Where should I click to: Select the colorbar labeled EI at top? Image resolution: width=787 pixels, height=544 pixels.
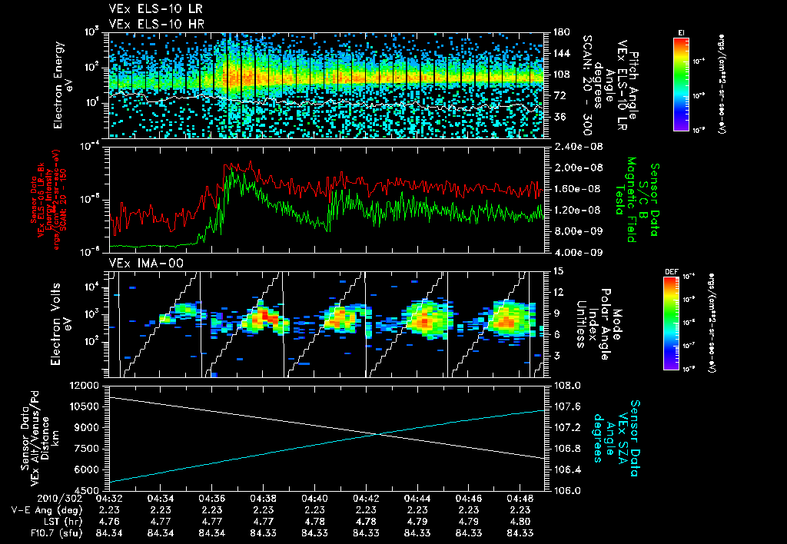[681, 83]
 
